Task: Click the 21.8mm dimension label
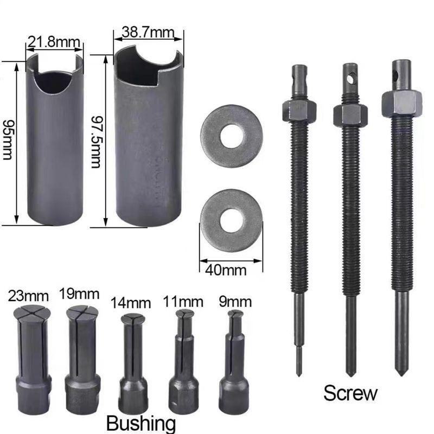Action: (54, 43)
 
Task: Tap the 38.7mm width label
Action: (148, 33)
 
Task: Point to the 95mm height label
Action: (8, 140)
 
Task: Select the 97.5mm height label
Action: (97, 142)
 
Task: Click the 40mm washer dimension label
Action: (226, 270)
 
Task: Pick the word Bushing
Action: (141, 423)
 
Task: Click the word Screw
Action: (350, 393)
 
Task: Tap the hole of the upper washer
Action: (232, 136)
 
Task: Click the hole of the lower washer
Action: (232, 221)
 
